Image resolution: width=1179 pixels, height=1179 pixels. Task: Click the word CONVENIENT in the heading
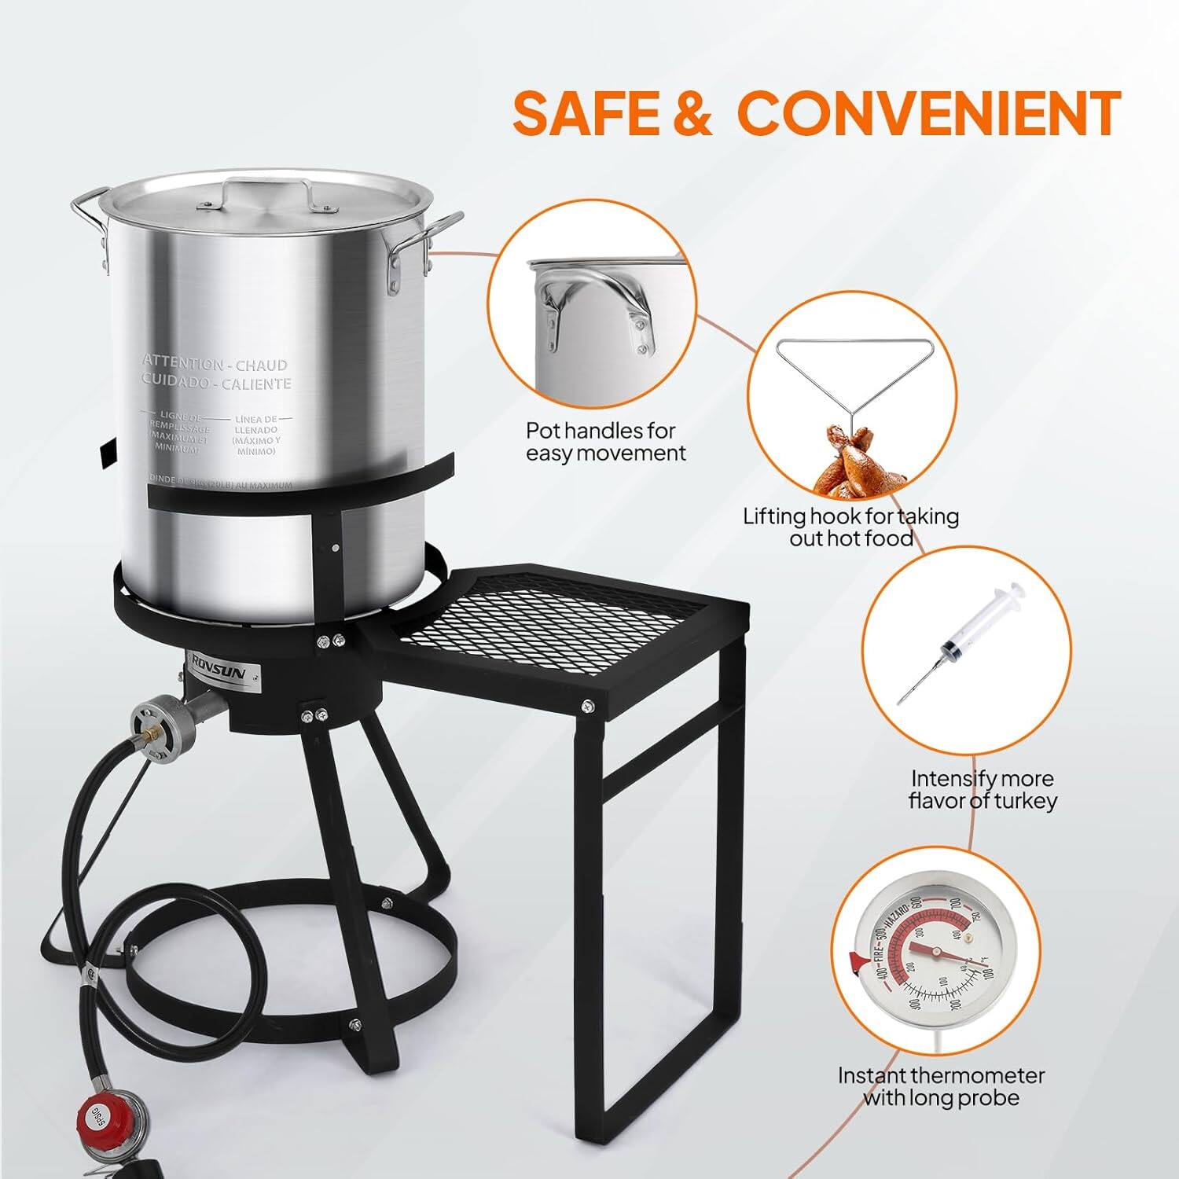(x=932, y=112)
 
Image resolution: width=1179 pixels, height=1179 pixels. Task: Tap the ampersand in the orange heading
(x=689, y=112)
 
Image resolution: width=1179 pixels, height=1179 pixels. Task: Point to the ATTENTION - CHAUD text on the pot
(x=215, y=364)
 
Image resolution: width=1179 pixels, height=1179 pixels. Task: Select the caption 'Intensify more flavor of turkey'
(x=982, y=789)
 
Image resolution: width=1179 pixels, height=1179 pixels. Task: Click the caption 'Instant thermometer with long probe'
(x=941, y=1085)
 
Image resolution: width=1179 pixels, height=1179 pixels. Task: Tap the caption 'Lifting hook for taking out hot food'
(x=851, y=527)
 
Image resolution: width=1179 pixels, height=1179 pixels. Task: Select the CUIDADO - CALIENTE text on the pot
(x=216, y=384)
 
